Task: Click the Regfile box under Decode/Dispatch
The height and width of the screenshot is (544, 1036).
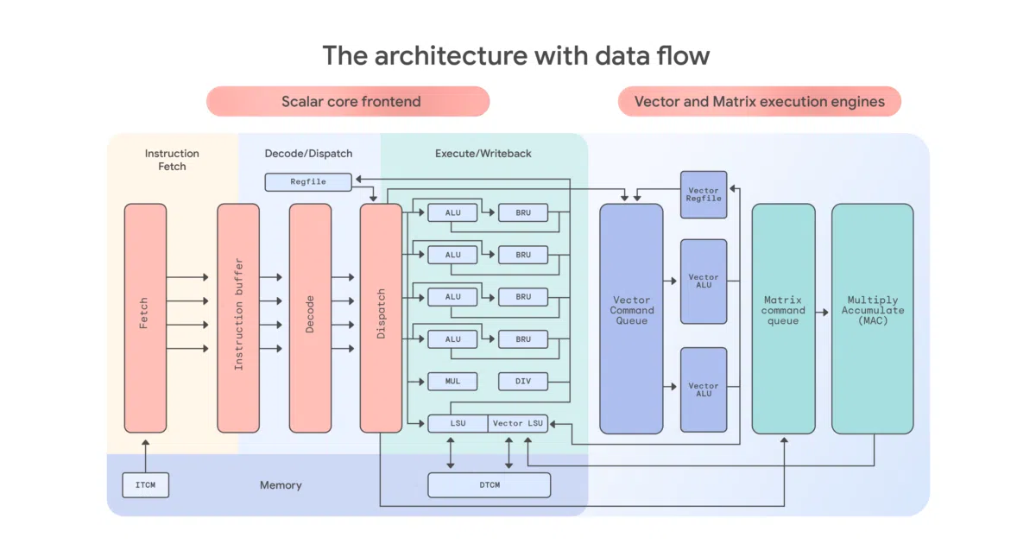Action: pos(308,182)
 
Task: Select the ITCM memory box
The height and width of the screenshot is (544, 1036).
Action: pos(146,484)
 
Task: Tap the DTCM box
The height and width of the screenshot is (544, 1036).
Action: pos(490,484)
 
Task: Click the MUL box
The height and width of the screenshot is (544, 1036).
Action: pos(452,381)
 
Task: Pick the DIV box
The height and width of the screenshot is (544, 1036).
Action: pos(523,381)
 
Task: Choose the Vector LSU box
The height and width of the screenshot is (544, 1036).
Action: pos(518,423)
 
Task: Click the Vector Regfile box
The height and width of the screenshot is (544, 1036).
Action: pos(704,194)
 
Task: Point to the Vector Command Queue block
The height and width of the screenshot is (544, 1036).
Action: pos(631,319)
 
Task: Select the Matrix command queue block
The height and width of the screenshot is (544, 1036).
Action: pos(784,319)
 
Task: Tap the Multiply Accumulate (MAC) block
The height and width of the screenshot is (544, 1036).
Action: pos(873,319)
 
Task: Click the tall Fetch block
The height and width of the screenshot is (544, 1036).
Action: pos(145,319)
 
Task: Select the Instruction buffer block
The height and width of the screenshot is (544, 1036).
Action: pos(238,319)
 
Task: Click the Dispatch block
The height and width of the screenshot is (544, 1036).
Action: pos(381,319)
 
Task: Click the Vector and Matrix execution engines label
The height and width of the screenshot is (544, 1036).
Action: pos(760,101)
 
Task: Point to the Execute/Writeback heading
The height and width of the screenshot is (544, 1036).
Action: pos(483,153)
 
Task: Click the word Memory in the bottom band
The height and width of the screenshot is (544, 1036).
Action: pos(281,484)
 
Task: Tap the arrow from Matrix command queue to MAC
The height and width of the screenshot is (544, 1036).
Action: pos(822,313)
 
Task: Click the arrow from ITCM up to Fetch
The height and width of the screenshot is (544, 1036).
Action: pos(146,456)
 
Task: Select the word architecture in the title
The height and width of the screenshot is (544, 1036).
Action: pos(451,55)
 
